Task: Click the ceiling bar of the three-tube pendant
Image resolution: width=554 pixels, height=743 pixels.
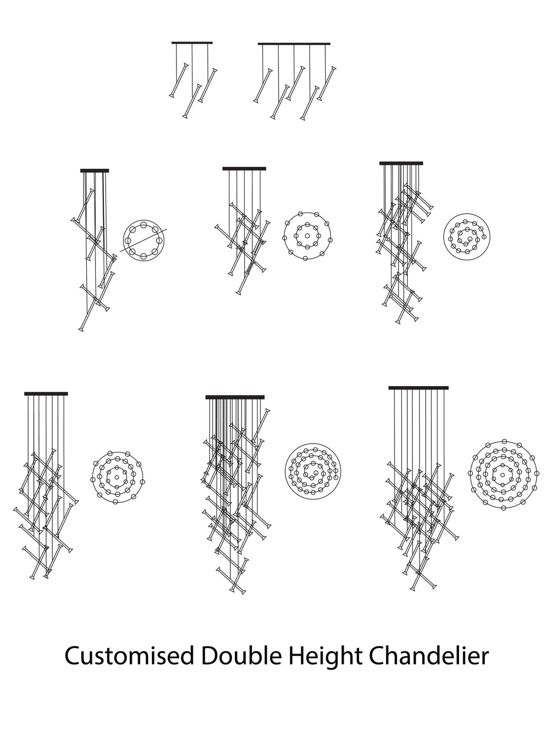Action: click(x=192, y=43)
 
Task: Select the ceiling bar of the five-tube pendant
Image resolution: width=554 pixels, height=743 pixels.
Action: click(x=294, y=44)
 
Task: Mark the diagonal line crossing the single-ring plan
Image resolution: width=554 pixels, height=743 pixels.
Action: click(x=143, y=240)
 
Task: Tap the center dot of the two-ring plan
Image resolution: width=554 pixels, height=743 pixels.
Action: click(x=307, y=236)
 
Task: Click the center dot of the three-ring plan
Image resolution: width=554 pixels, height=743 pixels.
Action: click(x=117, y=478)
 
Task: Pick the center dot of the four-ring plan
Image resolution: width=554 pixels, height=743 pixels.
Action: click(x=503, y=473)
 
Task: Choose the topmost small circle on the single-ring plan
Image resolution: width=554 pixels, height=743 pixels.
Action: click(x=143, y=225)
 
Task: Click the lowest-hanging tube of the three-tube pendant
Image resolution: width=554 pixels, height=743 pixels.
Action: click(x=192, y=101)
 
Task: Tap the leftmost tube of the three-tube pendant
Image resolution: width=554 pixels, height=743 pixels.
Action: click(x=179, y=80)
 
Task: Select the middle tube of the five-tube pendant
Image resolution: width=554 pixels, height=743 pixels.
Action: click(x=295, y=83)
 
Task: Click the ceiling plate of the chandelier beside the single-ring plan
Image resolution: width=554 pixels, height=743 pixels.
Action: click(x=95, y=170)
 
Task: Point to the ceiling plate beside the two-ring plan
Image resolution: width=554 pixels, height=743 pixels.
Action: click(x=244, y=168)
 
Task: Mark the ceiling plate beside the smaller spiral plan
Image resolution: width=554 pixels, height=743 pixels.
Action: click(x=401, y=163)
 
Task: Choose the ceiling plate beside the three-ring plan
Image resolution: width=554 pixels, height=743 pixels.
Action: click(x=46, y=394)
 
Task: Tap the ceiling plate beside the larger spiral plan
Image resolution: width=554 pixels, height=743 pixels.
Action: click(x=235, y=397)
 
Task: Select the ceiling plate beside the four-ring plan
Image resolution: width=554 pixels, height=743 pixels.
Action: click(x=419, y=388)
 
